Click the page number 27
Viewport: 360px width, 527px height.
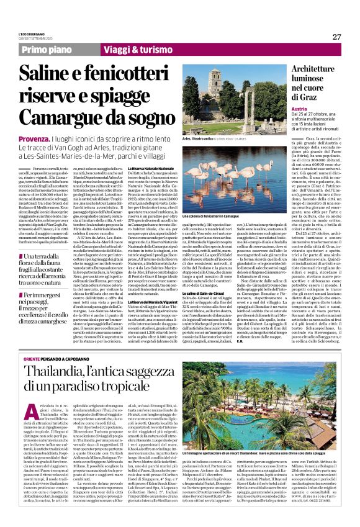pyautogui.click(x=337, y=37)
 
